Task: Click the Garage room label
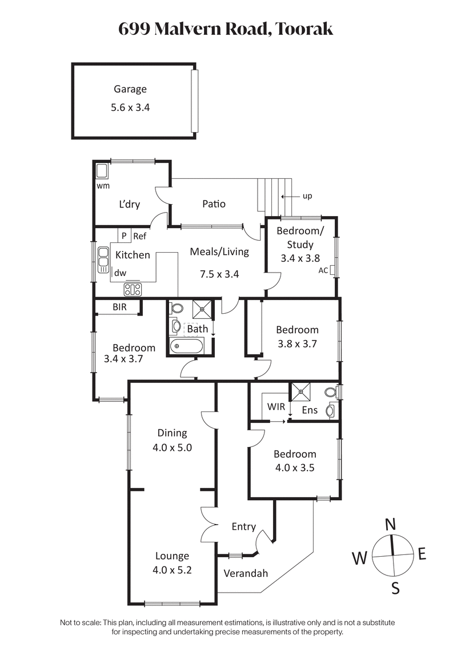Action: click(x=130, y=89)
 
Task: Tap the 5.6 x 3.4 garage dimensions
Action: click(x=130, y=107)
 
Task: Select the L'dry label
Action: click(x=129, y=204)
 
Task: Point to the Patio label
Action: click(x=214, y=203)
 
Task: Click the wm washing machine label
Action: click(x=103, y=185)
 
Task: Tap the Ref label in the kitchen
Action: click(x=139, y=235)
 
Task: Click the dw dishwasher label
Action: click(x=120, y=274)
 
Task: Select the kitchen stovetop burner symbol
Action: click(x=133, y=289)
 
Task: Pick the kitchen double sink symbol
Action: click(x=103, y=259)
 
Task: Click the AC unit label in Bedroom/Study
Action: click(x=323, y=270)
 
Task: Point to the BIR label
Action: click(x=119, y=307)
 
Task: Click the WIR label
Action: click(x=276, y=407)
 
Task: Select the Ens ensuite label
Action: click(x=309, y=410)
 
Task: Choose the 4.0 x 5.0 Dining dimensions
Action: click(x=172, y=448)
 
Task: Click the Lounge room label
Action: click(x=172, y=556)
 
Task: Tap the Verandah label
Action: click(x=246, y=573)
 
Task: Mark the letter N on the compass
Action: click(x=391, y=524)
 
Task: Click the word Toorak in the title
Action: click(x=304, y=29)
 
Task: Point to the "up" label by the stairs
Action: click(x=307, y=196)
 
